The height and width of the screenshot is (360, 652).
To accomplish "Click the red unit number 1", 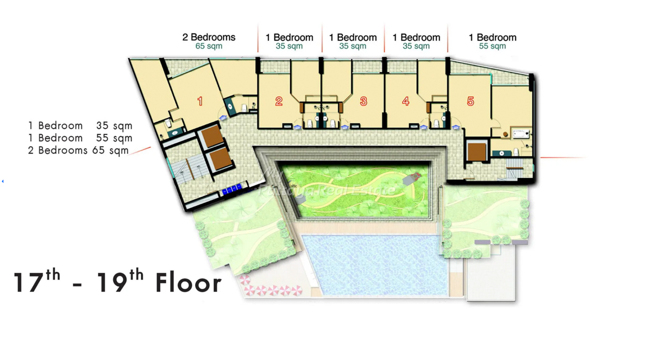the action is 200,101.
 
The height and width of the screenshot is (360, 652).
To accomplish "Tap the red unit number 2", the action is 279,101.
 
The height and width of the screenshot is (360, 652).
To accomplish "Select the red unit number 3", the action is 363,101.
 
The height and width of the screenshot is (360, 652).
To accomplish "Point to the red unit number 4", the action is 406,101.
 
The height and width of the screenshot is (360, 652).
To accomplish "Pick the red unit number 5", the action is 471,101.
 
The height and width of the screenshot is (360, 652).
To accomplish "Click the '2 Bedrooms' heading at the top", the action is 209,37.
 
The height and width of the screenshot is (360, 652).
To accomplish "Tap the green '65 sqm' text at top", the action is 209,46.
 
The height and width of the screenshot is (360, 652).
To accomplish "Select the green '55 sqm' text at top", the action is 492,46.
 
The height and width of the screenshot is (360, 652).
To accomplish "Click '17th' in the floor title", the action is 37,281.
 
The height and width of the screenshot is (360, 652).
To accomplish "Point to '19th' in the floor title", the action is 120,281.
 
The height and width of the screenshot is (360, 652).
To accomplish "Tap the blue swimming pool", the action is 375,264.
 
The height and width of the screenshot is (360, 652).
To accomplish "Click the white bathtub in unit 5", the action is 521,134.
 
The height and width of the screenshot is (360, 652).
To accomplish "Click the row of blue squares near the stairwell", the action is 232,190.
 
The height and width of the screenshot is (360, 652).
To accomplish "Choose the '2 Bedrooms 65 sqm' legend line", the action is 78,150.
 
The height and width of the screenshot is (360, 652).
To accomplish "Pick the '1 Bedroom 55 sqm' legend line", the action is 80,138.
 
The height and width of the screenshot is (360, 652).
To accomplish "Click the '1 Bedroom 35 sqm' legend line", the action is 80,125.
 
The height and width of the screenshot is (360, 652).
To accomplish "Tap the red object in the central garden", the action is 416,175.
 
